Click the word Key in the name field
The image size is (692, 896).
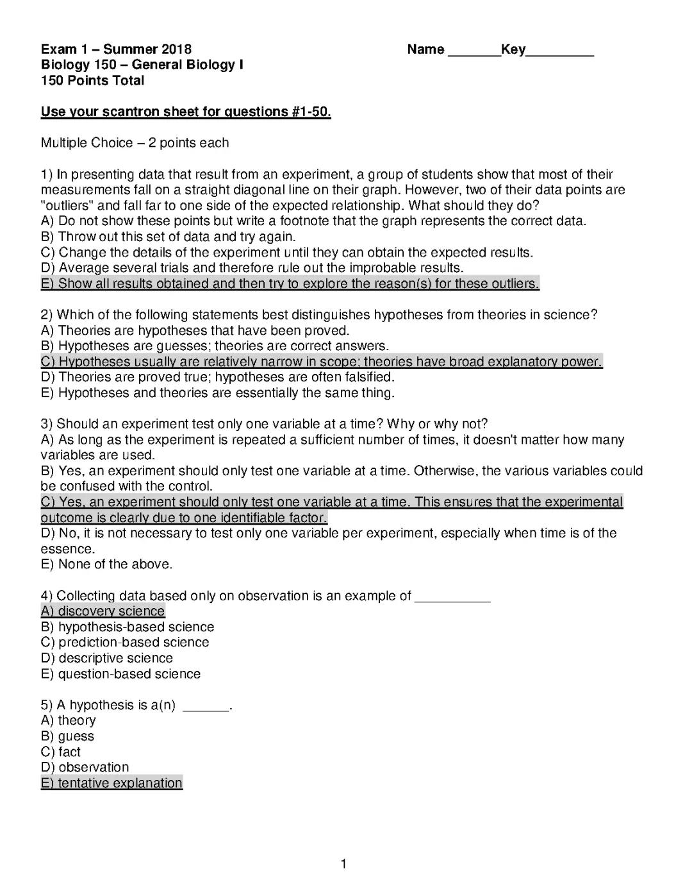[513, 50]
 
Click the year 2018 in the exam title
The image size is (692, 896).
[176, 50]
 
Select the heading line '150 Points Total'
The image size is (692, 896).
[92, 81]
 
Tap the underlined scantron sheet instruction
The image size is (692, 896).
[186, 112]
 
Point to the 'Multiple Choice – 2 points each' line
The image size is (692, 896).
[135, 143]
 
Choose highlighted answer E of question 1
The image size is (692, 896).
[290, 283]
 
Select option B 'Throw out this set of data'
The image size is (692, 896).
[168, 237]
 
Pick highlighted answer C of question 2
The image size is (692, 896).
[321, 362]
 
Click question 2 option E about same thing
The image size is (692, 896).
[217, 393]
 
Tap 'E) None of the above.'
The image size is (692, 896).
[106, 564]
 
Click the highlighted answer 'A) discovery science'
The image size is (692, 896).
[103, 611]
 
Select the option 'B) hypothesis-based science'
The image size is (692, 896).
[127, 627]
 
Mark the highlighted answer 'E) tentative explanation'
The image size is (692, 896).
[111, 783]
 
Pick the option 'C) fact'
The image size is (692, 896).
[61, 752]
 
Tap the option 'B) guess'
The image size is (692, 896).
[67, 736]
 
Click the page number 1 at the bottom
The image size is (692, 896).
[343, 864]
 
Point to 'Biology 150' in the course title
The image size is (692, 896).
[78, 65]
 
